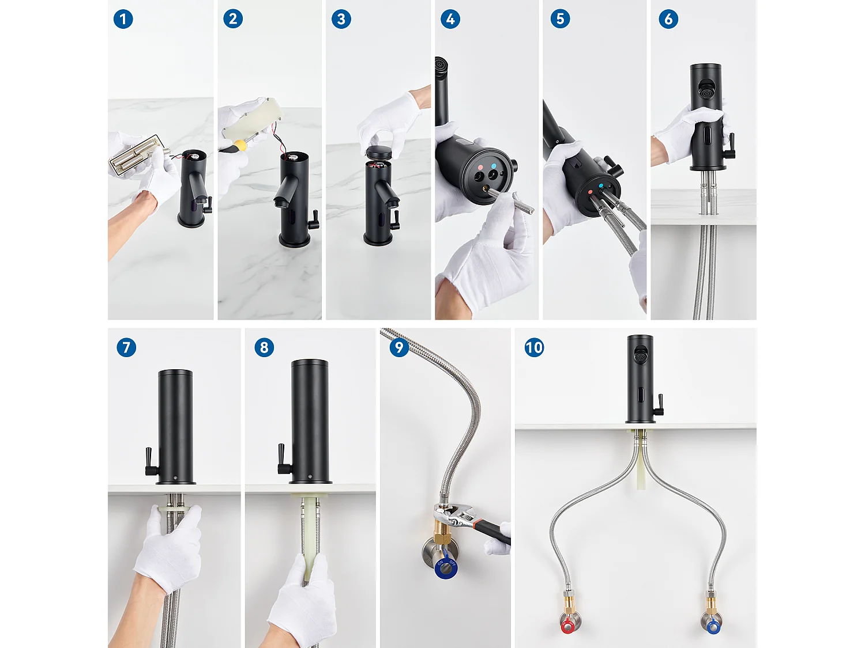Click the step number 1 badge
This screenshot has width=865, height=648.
pos(123,19)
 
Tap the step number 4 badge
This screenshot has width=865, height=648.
pos(450,19)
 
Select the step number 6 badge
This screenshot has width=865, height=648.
pos(668,19)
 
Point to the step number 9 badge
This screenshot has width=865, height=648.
pos(399,347)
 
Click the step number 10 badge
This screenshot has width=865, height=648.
pos(534,347)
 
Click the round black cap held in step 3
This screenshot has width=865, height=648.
pos(379,153)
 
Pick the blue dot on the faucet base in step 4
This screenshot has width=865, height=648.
pos(494,166)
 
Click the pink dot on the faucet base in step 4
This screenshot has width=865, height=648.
pos(480,168)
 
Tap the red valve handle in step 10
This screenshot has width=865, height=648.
pos(567,626)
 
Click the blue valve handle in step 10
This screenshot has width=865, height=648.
pos(712,626)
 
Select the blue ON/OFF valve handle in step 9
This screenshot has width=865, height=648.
pos(445,569)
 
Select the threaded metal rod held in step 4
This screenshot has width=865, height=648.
pos(511,200)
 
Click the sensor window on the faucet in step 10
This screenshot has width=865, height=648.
pos(640,397)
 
